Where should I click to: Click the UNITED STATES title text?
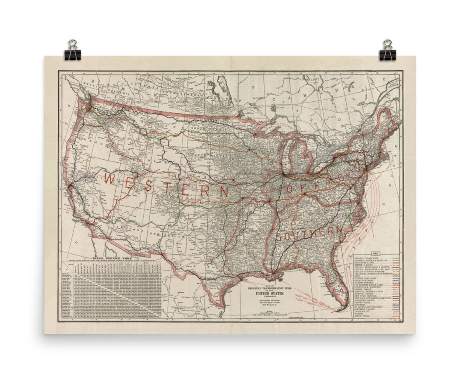(265, 294)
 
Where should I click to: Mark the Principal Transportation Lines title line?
(265, 288)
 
